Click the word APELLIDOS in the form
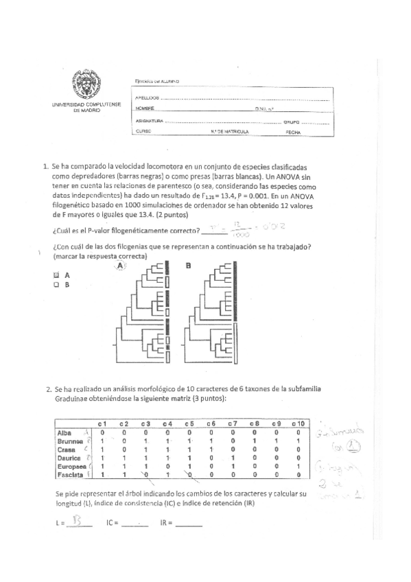(148, 98)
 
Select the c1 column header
(102, 423)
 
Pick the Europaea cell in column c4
(167, 466)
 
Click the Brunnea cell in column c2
(124, 441)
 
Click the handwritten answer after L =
(81, 522)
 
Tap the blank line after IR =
(189, 524)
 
